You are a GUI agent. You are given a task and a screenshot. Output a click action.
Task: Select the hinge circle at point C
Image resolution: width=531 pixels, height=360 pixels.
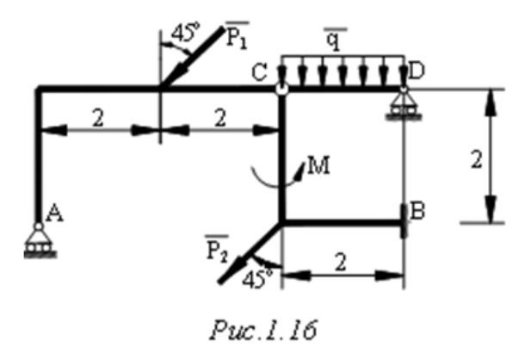click(281, 87)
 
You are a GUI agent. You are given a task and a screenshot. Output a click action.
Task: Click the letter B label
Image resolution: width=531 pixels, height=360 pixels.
click(418, 210)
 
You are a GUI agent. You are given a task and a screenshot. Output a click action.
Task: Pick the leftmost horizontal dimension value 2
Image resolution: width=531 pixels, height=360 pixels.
click(97, 119)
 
